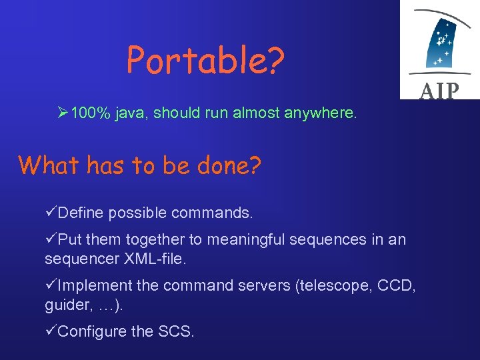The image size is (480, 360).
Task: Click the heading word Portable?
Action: click(x=205, y=61)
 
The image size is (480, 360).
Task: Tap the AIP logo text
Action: click(x=439, y=90)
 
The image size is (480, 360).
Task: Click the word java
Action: click(x=131, y=114)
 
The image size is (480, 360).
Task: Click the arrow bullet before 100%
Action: click(x=63, y=113)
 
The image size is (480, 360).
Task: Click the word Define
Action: click(x=81, y=213)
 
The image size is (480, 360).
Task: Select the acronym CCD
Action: click(x=397, y=285)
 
